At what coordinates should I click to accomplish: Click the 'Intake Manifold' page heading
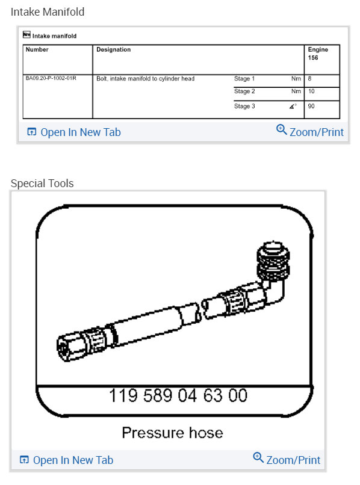coord(48,12)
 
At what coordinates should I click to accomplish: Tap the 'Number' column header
coord(37,49)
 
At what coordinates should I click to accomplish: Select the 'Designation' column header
coord(113,49)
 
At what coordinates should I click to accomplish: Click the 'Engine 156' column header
coord(318,54)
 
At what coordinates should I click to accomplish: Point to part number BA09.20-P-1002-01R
coord(51,78)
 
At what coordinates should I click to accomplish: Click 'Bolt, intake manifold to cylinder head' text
coord(145,79)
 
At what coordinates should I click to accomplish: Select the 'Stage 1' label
coord(244,79)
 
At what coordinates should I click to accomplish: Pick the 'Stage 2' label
coord(244,91)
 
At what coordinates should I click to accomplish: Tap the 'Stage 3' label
coord(244,106)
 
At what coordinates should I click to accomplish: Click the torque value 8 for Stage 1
coord(309,79)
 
